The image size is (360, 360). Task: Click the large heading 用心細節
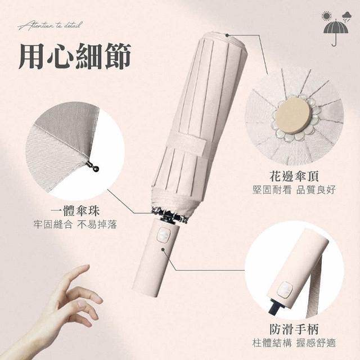(x=75, y=56)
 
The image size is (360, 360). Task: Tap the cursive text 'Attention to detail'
(x=50, y=25)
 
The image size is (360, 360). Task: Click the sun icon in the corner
(x=327, y=16)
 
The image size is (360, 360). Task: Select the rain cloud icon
(x=346, y=17)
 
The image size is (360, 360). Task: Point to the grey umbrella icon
(x=336, y=33)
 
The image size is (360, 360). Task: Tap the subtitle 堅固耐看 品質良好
(x=294, y=190)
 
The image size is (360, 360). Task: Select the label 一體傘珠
(x=75, y=211)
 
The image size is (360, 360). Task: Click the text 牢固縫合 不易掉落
(x=75, y=224)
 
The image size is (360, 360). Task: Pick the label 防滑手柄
(x=294, y=330)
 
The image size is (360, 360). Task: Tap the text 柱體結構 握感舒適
(x=294, y=343)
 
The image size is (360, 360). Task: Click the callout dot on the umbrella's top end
(x=227, y=35)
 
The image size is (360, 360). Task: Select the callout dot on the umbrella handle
(x=163, y=249)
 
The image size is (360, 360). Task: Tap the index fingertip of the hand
(x=87, y=267)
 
